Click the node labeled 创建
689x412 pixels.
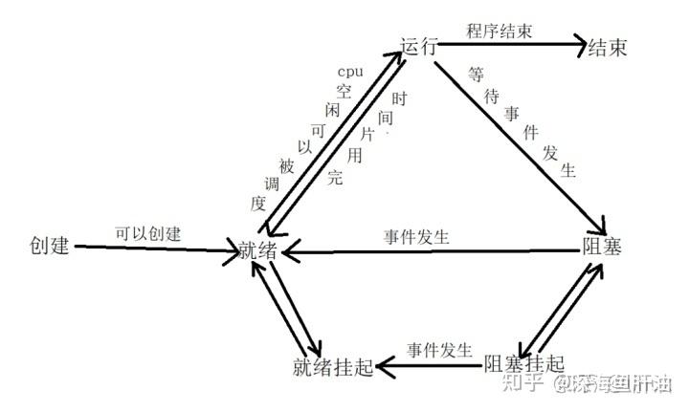click(50, 246)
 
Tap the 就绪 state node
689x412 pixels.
click(260, 252)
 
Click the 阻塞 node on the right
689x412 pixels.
click(603, 247)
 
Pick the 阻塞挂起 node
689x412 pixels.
click(523, 363)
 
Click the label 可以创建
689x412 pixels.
click(148, 232)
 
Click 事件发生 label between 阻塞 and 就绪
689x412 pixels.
click(417, 234)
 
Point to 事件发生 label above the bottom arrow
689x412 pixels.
click(439, 349)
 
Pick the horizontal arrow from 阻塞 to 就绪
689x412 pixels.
click(431, 251)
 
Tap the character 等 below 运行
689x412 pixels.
click(476, 73)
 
